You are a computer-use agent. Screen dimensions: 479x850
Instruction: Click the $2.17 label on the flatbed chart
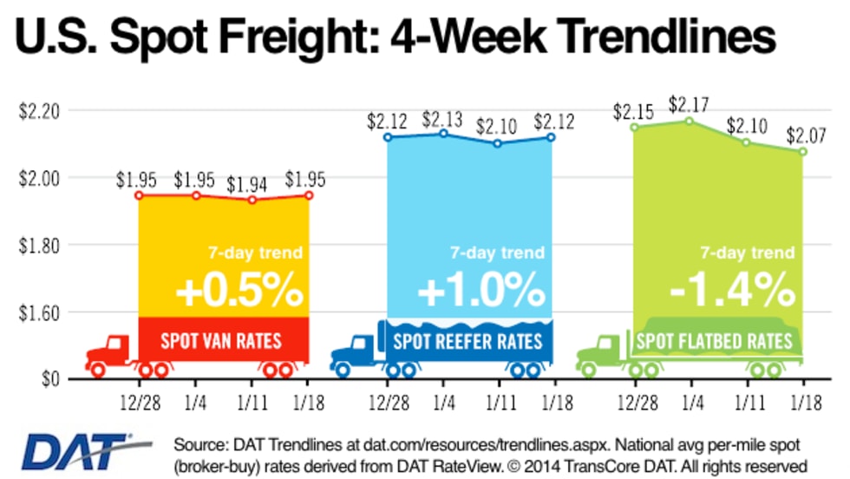tap(690, 105)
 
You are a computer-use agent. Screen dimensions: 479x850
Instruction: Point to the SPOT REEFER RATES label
tap(469, 339)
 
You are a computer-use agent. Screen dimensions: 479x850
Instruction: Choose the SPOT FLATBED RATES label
tap(714, 339)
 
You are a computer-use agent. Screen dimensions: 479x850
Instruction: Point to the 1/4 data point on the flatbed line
tap(690, 121)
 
